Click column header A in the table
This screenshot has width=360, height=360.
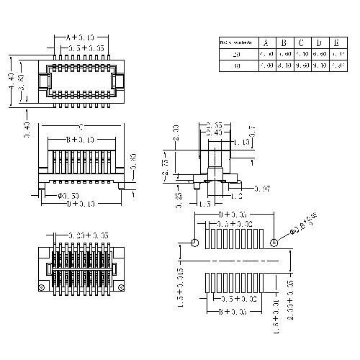coord(266,43)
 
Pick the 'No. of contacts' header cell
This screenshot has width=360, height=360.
coord(236,43)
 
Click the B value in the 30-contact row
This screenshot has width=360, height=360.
coord(284,66)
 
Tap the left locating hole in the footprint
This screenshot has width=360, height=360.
coord(194,243)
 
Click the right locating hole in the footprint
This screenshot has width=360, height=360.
coord(274,243)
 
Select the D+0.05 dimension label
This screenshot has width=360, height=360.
coord(235,214)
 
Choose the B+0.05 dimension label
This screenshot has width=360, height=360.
coord(235,312)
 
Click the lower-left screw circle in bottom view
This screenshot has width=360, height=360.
coord(42,289)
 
